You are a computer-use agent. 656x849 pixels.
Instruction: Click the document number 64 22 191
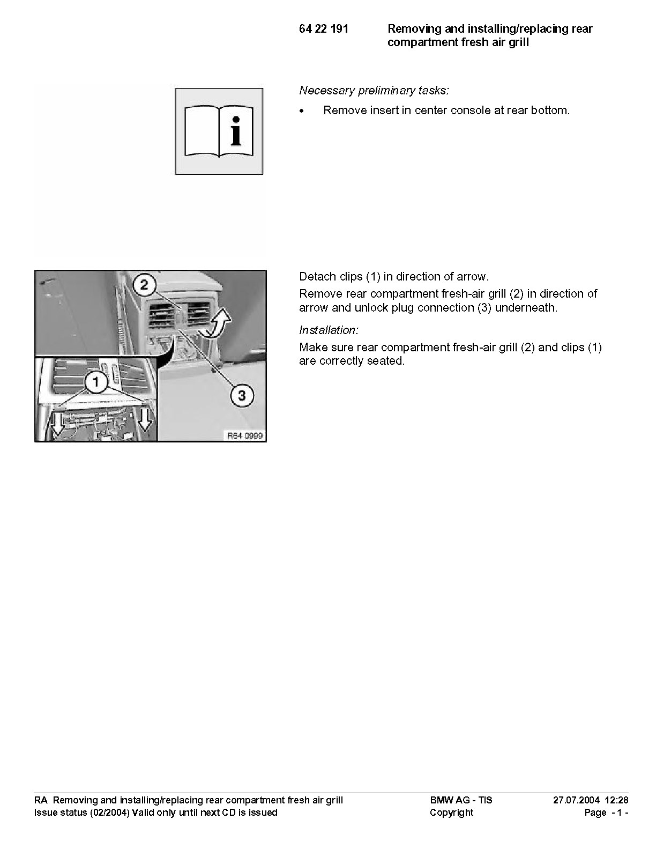click(x=324, y=29)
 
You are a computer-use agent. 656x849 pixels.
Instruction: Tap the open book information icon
click(x=219, y=131)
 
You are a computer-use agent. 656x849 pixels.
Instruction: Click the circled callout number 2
click(x=144, y=285)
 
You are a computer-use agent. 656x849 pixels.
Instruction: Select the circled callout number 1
click(x=95, y=382)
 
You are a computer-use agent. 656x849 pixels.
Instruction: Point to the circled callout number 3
click(x=242, y=395)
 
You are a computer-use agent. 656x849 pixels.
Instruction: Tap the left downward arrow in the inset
click(x=58, y=424)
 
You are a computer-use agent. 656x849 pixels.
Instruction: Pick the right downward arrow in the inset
click(x=145, y=422)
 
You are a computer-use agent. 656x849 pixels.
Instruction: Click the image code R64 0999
click(x=245, y=435)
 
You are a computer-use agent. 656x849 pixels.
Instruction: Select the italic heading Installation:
click(x=329, y=330)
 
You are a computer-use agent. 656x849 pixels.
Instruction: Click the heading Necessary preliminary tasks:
click(x=374, y=91)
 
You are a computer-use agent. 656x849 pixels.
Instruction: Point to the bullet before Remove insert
click(x=301, y=112)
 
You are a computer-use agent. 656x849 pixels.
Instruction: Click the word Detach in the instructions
click(x=318, y=277)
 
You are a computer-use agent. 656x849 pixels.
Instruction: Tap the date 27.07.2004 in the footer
click(x=576, y=800)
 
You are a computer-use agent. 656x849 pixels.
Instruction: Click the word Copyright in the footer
click(x=451, y=813)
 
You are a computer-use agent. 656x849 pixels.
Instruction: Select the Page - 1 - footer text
click(x=607, y=813)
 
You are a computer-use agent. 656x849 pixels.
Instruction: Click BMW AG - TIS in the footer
click(x=461, y=800)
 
